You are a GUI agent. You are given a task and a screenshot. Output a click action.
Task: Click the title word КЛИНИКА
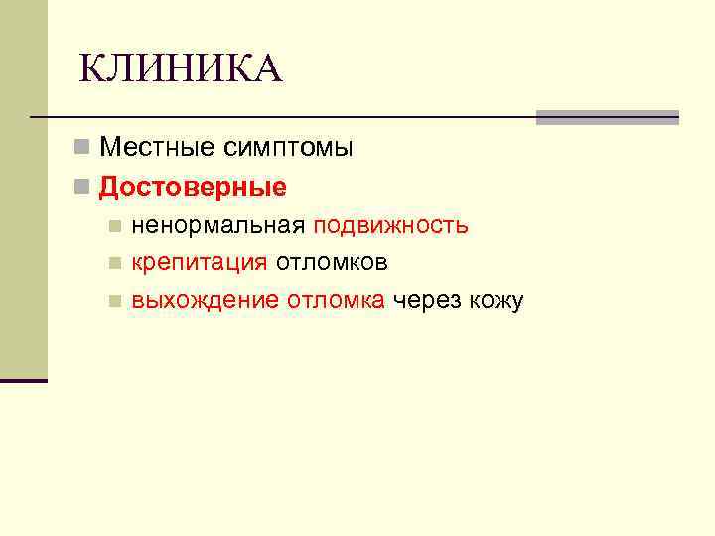[x=181, y=69]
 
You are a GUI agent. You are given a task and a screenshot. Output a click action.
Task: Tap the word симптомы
[x=287, y=149]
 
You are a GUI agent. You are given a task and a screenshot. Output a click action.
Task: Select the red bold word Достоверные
[x=193, y=187]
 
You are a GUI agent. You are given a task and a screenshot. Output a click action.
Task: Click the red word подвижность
[x=391, y=225]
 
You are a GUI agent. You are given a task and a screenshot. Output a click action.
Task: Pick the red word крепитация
[x=200, y=263]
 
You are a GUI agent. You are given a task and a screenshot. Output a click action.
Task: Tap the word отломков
[x=332, y=263]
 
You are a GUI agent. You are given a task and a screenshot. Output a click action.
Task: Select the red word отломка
[x=337, y=301]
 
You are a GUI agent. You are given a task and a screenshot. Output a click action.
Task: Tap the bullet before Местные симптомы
[x=81, y=150]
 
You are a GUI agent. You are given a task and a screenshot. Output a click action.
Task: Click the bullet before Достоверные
[x=81, y=188]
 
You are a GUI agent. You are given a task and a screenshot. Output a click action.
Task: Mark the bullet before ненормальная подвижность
[x=116, y=226]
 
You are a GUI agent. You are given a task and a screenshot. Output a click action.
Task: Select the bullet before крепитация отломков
[x=116, y=264]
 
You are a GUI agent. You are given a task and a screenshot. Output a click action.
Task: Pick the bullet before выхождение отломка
[x=116, y=302]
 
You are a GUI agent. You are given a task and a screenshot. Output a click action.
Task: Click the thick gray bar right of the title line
[x=607, y=117]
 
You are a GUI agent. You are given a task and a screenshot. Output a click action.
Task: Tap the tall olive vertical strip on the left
[x=23, y=189]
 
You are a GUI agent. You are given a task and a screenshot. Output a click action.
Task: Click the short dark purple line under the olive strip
[x=23, y=380]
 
